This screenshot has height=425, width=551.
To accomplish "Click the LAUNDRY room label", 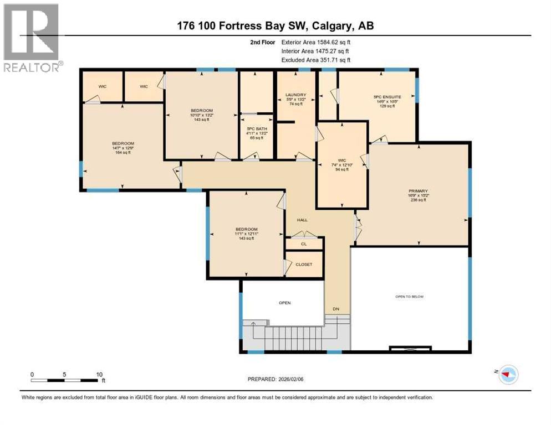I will pyautogui.click(x=296, y=95).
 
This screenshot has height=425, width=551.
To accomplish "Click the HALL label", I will pyautogui.click(x=302, y=220).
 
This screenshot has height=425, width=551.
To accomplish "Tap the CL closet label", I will pyautogui.click(x=304, y=243).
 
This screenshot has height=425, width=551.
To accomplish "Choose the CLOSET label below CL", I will pyautogui.click(x=304, y=265).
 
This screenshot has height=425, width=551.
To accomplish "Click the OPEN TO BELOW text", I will pyautogui.click(x=409, y=297).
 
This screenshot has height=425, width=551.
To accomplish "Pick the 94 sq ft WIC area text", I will pyautogui.click(x=341, y=169).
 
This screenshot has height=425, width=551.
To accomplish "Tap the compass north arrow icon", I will pyautogui.click(x=507, y=375).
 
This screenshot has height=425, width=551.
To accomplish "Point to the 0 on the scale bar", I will pyautogui.click(x=32, y=374).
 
